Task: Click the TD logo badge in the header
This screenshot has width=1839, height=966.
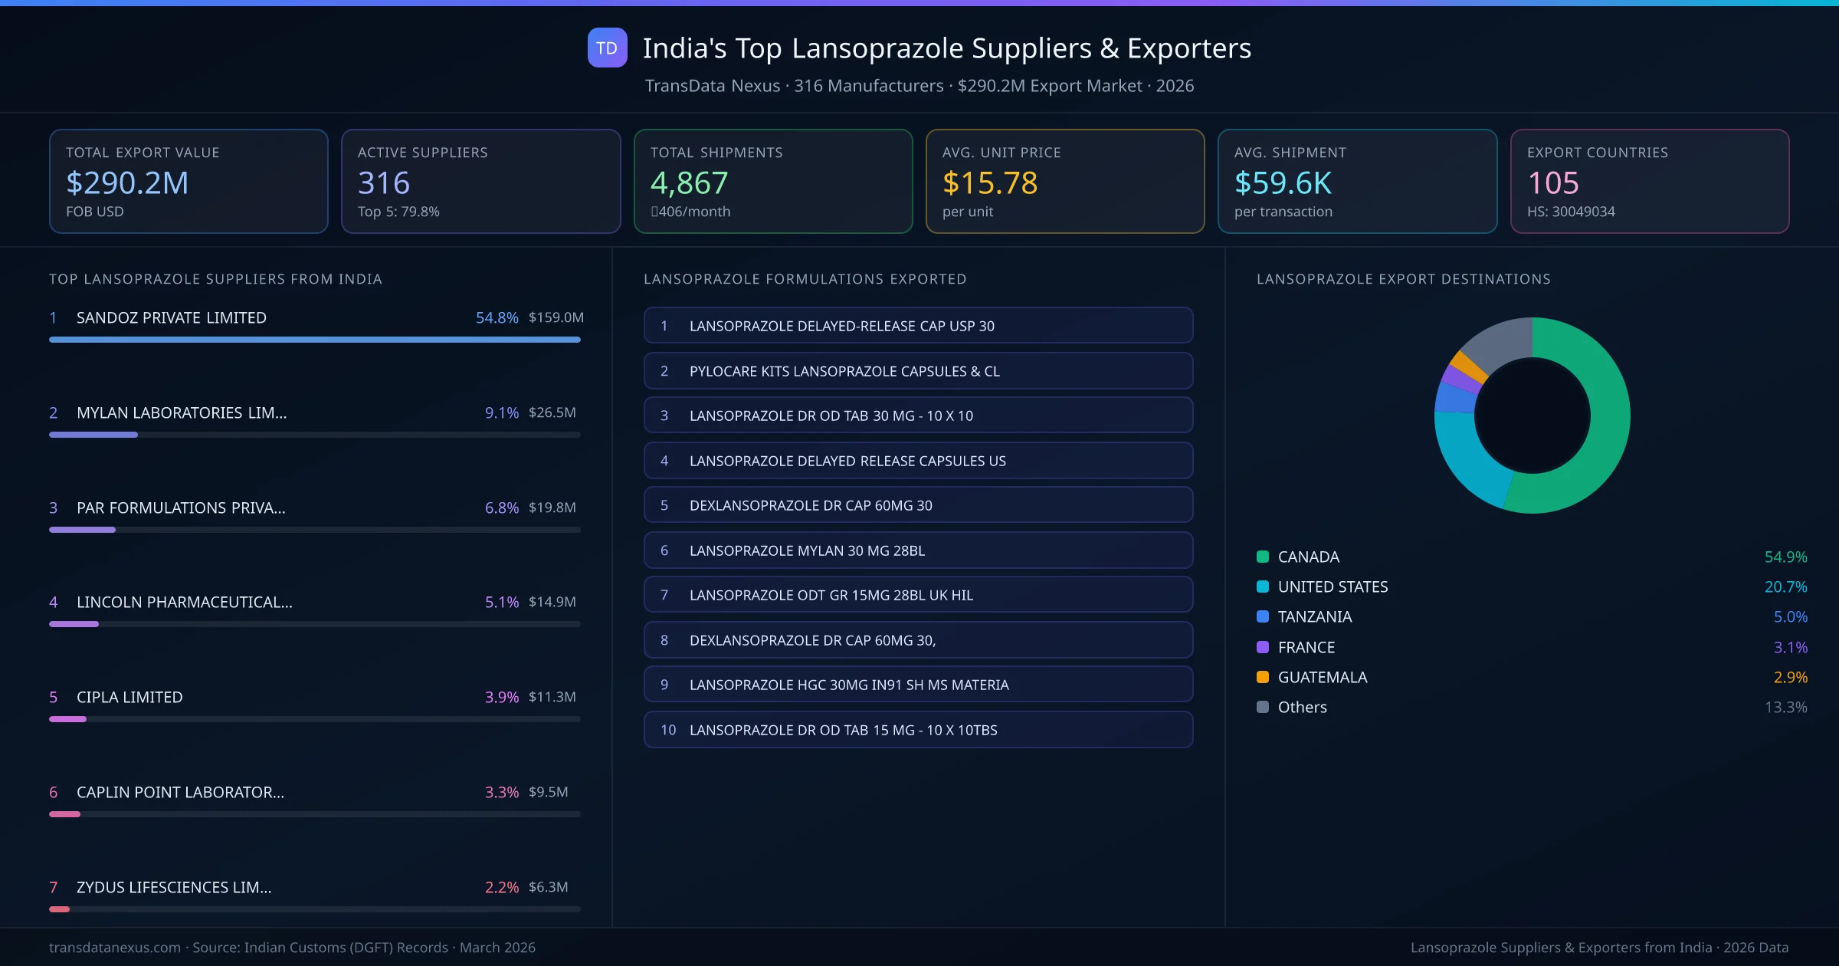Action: (607, 48)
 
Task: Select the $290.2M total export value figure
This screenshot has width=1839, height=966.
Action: (127, 183)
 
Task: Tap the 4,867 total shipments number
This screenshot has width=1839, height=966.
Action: (689, 183)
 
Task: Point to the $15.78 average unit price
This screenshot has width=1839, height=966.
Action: (989, 183)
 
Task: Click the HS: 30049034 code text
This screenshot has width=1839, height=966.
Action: (1570, 212)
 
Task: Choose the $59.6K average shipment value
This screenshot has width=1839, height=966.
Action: (1283, 183)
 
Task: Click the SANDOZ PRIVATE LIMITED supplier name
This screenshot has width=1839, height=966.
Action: (171, 317)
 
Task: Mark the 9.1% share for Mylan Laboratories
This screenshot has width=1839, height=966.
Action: (501, 412)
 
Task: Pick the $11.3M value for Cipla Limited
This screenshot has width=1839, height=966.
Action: (552, 697)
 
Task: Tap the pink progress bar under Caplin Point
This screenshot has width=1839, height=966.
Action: (65, 814)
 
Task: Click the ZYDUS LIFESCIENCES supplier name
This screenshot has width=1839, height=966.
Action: (173, 887)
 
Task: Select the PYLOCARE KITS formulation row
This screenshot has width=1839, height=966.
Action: (918, 371)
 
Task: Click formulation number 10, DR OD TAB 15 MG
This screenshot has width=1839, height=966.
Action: (918, 730)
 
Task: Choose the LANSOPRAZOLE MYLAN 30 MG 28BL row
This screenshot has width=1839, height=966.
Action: (918, 550)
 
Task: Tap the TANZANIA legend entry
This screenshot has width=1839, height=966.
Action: (1314, 617)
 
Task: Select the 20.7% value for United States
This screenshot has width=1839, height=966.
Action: (1785, 587)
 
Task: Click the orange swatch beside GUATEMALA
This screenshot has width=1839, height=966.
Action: (1263, 677)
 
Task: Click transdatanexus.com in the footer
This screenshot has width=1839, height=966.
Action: (115, 948)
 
